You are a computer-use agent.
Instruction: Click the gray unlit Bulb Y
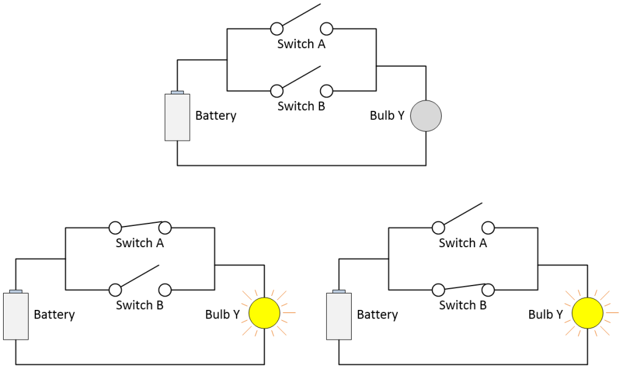click(425, 116)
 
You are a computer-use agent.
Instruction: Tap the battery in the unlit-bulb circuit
click(177, 117)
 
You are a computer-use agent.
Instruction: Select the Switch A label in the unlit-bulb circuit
click(301, 44)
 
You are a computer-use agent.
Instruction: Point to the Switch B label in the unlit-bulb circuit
click(301, 106)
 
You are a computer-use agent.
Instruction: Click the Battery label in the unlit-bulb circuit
click(215, 116)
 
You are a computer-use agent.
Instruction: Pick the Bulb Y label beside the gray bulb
click(387, 116)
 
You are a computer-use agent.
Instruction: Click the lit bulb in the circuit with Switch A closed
click(264, 313)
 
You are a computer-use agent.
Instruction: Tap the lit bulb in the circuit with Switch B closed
click(587, 313)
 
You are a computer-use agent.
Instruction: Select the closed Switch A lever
click(140, 225)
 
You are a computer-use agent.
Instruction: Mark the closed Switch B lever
click(463, 287)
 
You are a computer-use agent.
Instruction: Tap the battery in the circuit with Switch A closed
click(16, 315)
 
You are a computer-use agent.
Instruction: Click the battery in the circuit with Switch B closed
click(339, 315)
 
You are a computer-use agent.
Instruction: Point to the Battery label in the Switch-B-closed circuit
click(377, 315)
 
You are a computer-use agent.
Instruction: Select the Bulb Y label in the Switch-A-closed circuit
click(226, 315)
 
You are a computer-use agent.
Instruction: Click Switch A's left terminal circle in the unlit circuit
click(276, 29)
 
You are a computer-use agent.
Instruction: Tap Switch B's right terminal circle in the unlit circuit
click(326, 91)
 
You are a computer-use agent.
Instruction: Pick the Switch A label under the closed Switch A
click(140, 243)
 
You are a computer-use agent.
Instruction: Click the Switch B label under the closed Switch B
click(463, 305)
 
